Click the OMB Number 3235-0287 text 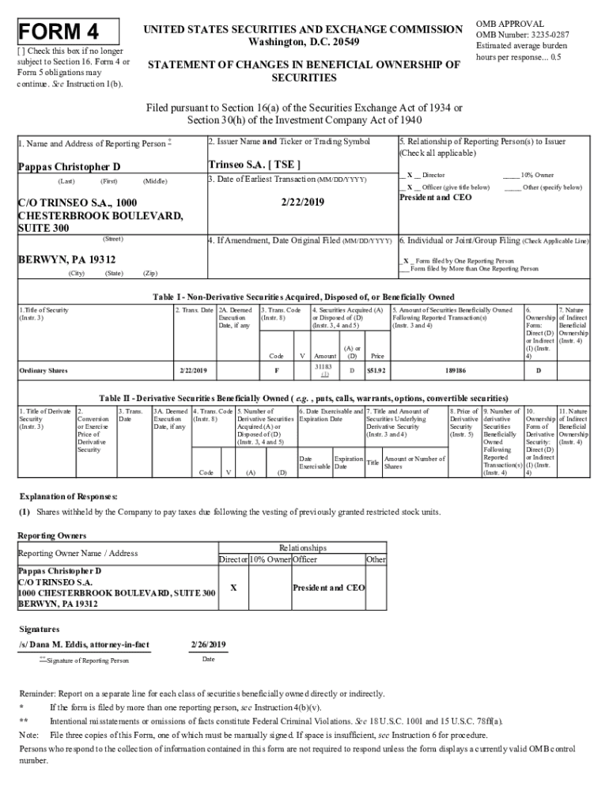click(x=522, y=35)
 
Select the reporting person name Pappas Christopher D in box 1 click(x=69, y=167)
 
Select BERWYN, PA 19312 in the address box click(x=66, y=259)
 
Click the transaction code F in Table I click(x=276, y=369)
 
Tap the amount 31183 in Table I click(x=322, y=366)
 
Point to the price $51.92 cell click(x=376, y=369)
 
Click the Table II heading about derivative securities click(x=303, y=398)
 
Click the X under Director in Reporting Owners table click(x=232, y=588)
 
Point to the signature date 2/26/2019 click(x=208, y=645)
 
